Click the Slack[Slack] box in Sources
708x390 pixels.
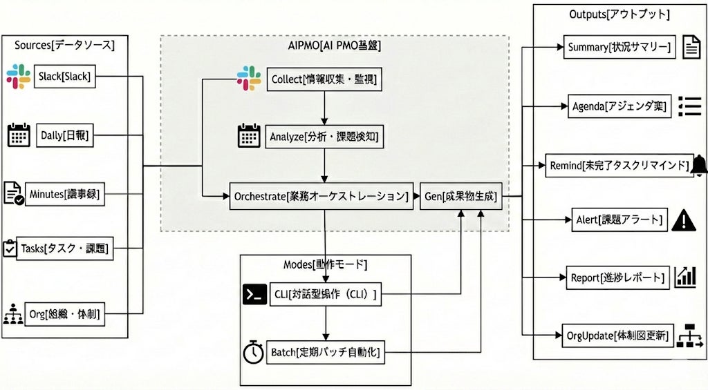[x=64, y=77]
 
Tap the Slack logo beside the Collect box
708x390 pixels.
[x=249, y=78]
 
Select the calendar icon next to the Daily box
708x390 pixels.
[x=19, y=135]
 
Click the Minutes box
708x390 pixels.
[x=65, y=195]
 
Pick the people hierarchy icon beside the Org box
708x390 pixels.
[x=13, y=315]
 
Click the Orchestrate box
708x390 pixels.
[x=322, y=197]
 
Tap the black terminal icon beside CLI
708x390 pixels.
[x=254, y=295]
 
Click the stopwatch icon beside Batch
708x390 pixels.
[x=253, y=353]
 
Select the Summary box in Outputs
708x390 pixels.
[x=619, y=48]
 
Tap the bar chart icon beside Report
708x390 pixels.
[x=686, y=277]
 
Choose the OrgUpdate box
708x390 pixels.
[x=618, y=335]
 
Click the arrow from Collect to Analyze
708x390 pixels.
[x=325, y=106]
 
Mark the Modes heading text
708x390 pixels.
[x=325, y=265]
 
